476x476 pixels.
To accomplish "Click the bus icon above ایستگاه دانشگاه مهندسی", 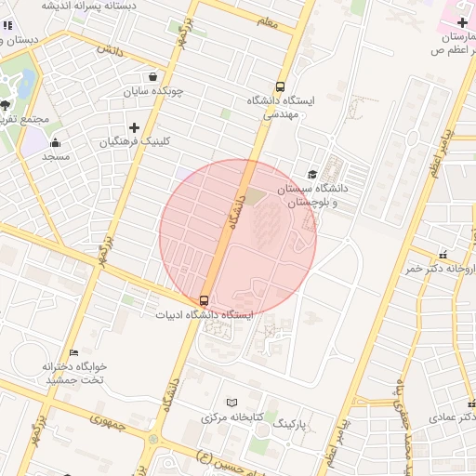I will click(281, 86).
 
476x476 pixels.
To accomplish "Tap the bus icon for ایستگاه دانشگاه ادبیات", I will click(204, 299).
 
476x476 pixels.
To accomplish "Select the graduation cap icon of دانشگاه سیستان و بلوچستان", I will click(312, 174).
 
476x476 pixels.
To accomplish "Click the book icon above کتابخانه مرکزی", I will click(231, 403).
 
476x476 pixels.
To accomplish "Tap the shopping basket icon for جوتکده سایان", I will click(152, 77).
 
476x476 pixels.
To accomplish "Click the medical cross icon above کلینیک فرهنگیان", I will click(134, 127).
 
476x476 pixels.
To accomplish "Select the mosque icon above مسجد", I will click(55, 142).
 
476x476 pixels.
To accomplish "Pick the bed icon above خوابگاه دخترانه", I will click(74, 352).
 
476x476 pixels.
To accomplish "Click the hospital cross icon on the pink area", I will click(462, 20).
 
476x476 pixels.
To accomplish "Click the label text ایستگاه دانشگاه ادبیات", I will click(205, 315).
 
